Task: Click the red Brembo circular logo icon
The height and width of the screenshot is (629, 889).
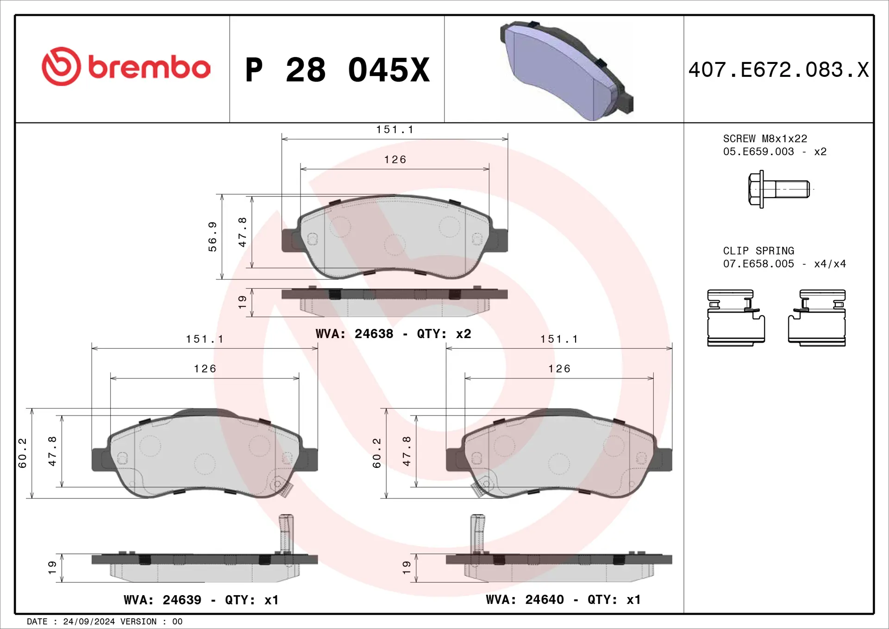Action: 61,66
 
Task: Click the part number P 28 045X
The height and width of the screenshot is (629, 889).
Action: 337,70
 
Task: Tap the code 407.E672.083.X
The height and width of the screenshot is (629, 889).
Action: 778,70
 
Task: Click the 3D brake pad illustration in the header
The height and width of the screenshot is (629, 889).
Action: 566,69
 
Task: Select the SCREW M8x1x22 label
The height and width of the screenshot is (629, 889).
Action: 765,138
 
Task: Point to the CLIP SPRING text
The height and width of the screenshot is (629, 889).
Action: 758,251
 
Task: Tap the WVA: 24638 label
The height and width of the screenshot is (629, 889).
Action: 354,333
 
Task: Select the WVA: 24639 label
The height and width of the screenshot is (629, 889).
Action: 162,600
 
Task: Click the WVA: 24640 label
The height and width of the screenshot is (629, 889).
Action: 525,599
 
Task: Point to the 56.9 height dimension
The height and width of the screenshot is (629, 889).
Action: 212,236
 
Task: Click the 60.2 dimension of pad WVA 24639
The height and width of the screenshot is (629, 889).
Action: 22,453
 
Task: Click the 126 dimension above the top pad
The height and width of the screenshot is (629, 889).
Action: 395,160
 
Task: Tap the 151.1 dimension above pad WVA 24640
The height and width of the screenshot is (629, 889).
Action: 559,339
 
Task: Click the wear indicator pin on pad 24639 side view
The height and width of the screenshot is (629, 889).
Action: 286,533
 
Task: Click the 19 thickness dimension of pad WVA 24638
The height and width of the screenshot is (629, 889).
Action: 242,302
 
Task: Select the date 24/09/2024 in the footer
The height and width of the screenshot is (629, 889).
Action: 89,622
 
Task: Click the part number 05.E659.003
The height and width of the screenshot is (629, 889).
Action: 758,151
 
